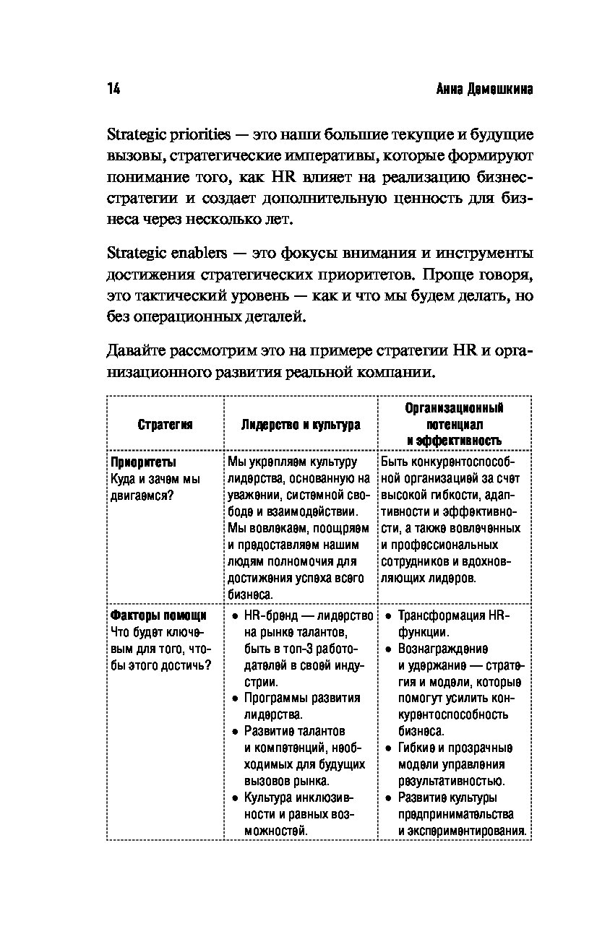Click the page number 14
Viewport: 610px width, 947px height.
(113, 89)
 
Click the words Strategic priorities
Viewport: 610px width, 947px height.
(168, 135)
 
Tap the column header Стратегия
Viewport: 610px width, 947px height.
(166, 425)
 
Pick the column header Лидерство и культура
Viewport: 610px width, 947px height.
(301, 425)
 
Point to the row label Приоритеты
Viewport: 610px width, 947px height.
(143, 462)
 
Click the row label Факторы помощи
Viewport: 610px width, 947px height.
(158, 615)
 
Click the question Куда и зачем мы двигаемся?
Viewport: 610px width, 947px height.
(155, 487)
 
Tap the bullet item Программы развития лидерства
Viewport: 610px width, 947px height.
(301, 706)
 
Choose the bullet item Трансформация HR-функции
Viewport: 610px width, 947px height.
(454, 623)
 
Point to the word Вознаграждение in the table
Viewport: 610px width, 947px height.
(443, 648)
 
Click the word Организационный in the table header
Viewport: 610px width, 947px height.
(454, 408)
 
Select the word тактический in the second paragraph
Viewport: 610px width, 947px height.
(175, 295)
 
